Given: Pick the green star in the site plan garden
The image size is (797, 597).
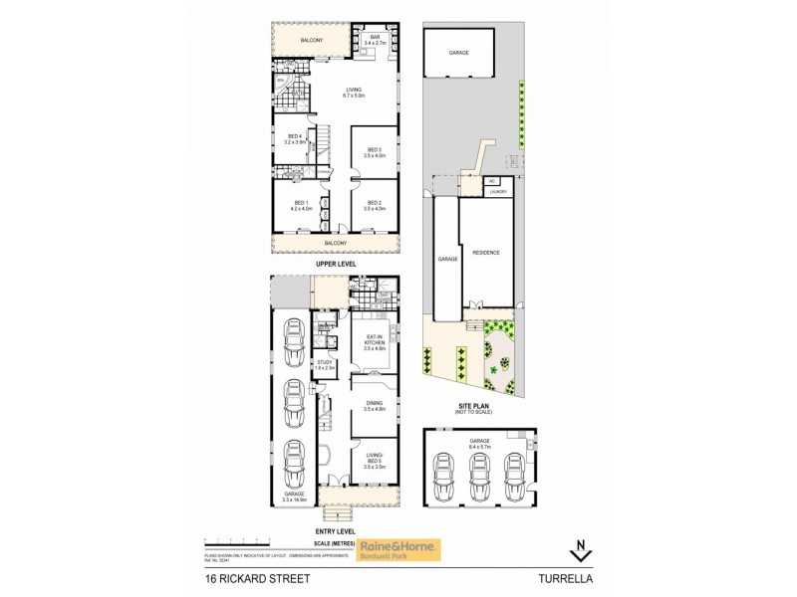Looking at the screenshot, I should (492, 371).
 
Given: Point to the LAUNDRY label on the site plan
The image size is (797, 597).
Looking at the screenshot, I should (498, 192).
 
